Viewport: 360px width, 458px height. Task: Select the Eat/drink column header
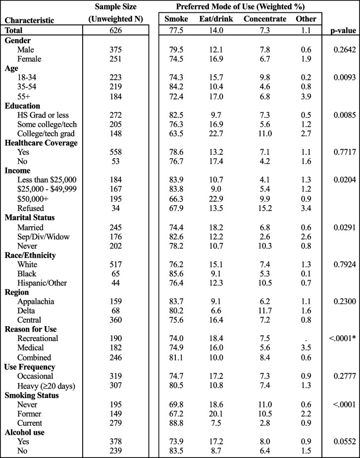(x=216, y=19)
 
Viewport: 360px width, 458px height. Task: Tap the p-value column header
(x=342, y=30)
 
